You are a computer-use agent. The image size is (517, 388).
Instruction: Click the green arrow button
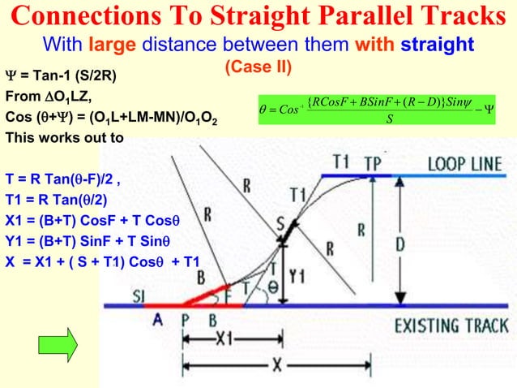point(58,343)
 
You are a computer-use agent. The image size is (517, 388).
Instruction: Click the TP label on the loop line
point(373,162)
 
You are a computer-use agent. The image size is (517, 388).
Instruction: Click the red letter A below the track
point(158,320)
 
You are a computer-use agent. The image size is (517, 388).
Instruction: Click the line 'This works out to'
point(65,137)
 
